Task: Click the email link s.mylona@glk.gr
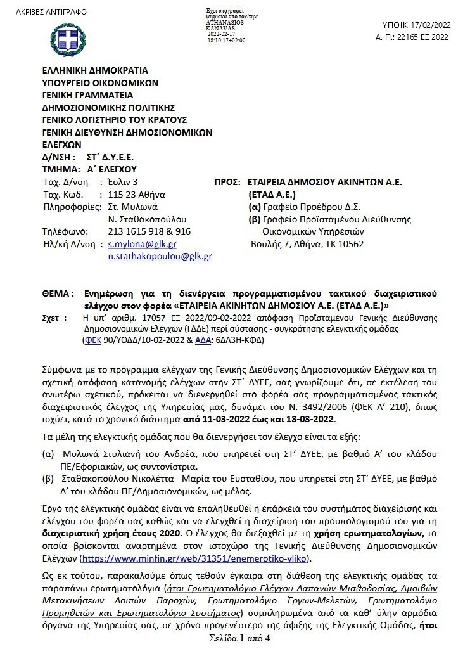(142, 244)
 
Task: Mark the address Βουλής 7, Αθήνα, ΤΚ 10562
(307, 244)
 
